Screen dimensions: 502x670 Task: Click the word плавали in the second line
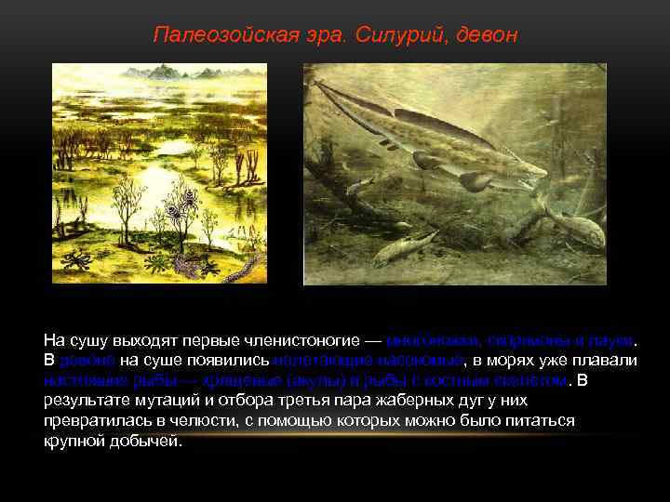[x=610, y=360]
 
